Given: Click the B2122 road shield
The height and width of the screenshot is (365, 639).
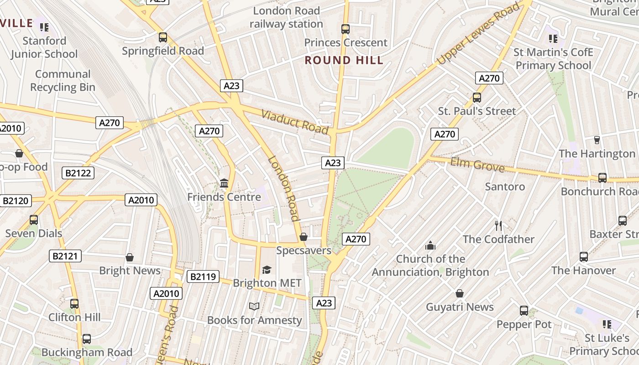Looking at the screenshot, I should [x=78, y=173].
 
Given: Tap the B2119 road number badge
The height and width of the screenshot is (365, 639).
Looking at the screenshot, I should [x=203, y=276].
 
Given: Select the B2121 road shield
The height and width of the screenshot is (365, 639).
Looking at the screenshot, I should [x=65, y=256].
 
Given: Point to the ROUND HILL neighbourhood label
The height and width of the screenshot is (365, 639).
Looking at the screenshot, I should [x=344, y=60].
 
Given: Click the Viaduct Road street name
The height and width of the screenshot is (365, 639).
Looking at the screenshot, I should [x=295, y=122].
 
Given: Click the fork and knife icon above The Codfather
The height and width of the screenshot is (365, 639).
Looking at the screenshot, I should [x=498, y=225].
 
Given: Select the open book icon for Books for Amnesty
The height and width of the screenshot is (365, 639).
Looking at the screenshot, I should [x=254, y=306].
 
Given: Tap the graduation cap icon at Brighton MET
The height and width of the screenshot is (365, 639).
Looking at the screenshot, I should [x=267, y=270].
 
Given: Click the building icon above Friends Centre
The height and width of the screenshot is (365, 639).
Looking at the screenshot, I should [x=224, y=183].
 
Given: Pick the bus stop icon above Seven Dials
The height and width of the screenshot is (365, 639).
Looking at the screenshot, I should [x=34, y=220].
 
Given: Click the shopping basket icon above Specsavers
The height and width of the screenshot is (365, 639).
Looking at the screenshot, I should [x=303, y=237].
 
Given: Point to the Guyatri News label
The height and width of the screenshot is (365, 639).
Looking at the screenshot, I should [x=460, y=307].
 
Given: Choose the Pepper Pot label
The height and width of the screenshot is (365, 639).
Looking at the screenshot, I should [x=524, y=324].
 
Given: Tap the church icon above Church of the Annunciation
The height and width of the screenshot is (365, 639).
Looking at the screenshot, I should [x=430, y=246].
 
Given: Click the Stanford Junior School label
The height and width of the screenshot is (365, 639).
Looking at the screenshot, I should [x=44, y=47].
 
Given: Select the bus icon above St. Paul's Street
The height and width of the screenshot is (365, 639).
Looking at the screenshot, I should [x=477, y=97].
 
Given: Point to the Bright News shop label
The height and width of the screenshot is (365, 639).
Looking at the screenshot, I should [x=130, y=271].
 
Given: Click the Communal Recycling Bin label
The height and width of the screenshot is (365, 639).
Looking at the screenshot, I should [x=63, y=81].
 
